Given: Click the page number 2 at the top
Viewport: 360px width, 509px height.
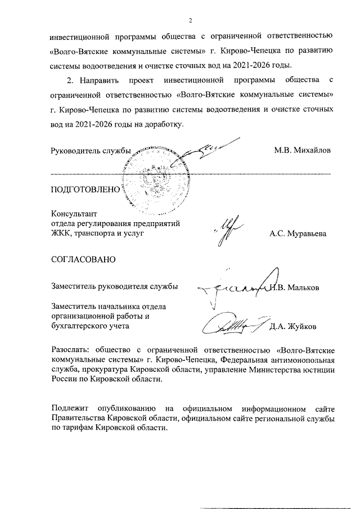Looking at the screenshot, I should click(191, 21).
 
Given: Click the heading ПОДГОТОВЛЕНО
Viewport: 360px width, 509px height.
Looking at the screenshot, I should click(85, 190).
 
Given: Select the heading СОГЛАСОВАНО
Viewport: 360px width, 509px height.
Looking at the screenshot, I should click(83, 259).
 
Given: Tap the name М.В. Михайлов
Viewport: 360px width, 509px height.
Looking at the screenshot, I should click(303, 150).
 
